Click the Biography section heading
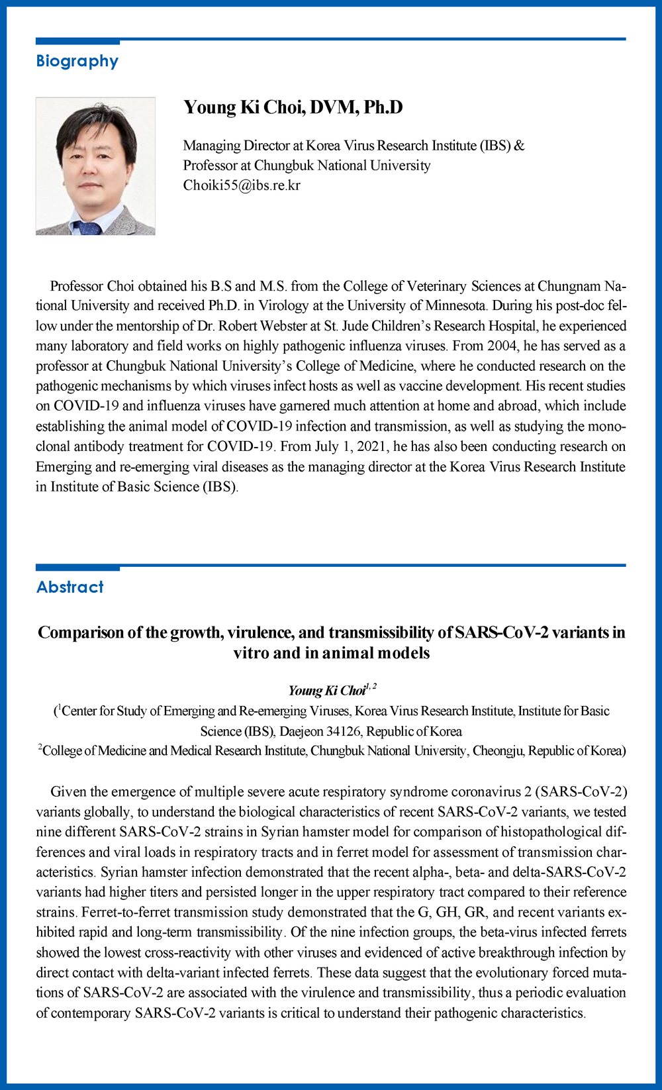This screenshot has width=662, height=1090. pos(77,62)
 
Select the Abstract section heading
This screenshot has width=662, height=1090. pos(70,587)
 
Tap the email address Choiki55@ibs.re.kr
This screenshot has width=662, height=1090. pos(242,185)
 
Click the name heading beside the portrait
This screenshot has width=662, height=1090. pos(293,107)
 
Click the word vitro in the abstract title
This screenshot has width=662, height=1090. pos(251,654)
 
